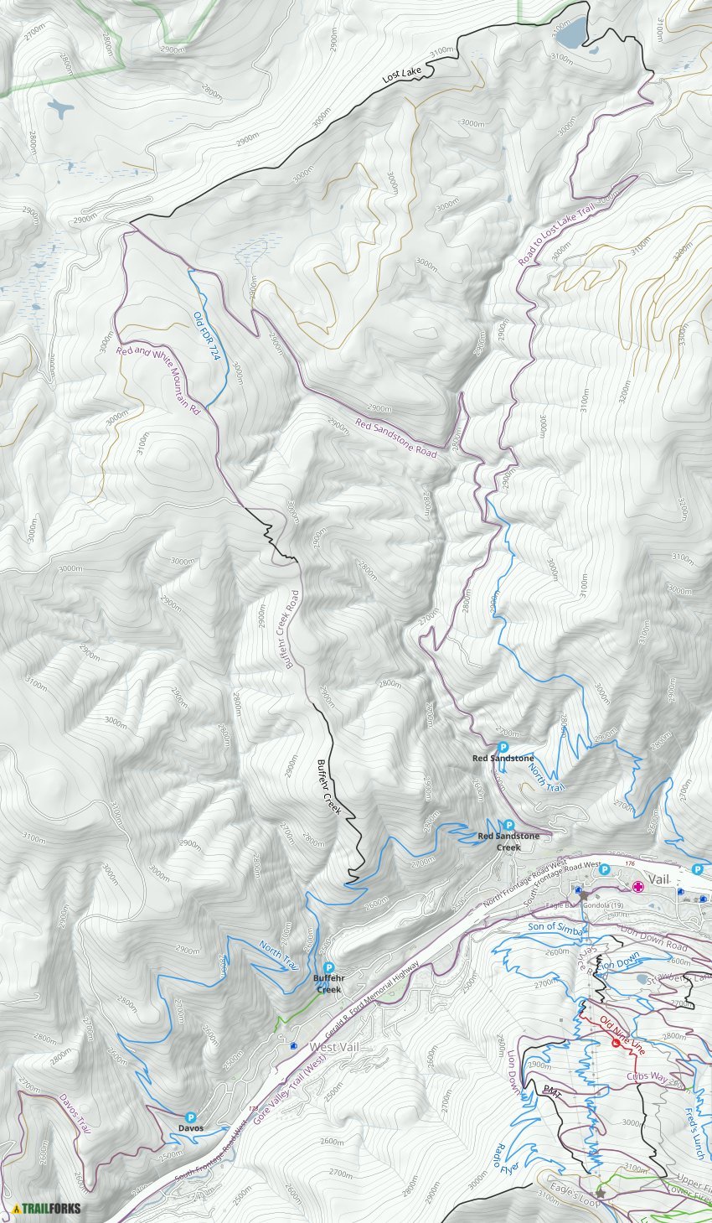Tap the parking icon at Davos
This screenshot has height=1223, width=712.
pos(190,1117)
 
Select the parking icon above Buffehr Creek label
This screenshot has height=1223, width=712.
pos(328,967)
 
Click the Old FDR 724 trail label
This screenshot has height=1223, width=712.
pos(205,336)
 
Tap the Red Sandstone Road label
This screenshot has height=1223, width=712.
pos(395,438)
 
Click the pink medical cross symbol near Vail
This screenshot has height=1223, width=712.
pos(638,886)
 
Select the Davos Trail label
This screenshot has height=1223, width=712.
pos(75,1112)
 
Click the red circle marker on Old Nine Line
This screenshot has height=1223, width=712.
pos(617,1044)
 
